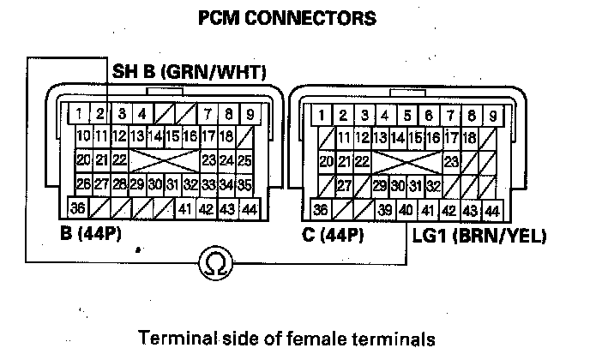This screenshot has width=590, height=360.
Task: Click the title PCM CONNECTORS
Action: click(x=294, y=16)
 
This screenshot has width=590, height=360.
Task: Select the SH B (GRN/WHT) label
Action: click(x=190, y=70)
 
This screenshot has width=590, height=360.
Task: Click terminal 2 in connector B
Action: click(x=99, y=113)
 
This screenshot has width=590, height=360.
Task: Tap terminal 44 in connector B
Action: click(x=249, y=209)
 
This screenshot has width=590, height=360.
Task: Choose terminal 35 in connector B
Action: click(x=244, y=183)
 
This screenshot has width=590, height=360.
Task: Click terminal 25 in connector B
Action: click(x=244, y=160)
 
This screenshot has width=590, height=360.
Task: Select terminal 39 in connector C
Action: click(x=385, y=209)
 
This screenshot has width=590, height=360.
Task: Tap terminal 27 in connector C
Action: click(x=345, y=185)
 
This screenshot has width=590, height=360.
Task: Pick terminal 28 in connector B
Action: click(x=119, y=183)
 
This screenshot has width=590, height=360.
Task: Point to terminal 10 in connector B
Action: click(x=83, y=136)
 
